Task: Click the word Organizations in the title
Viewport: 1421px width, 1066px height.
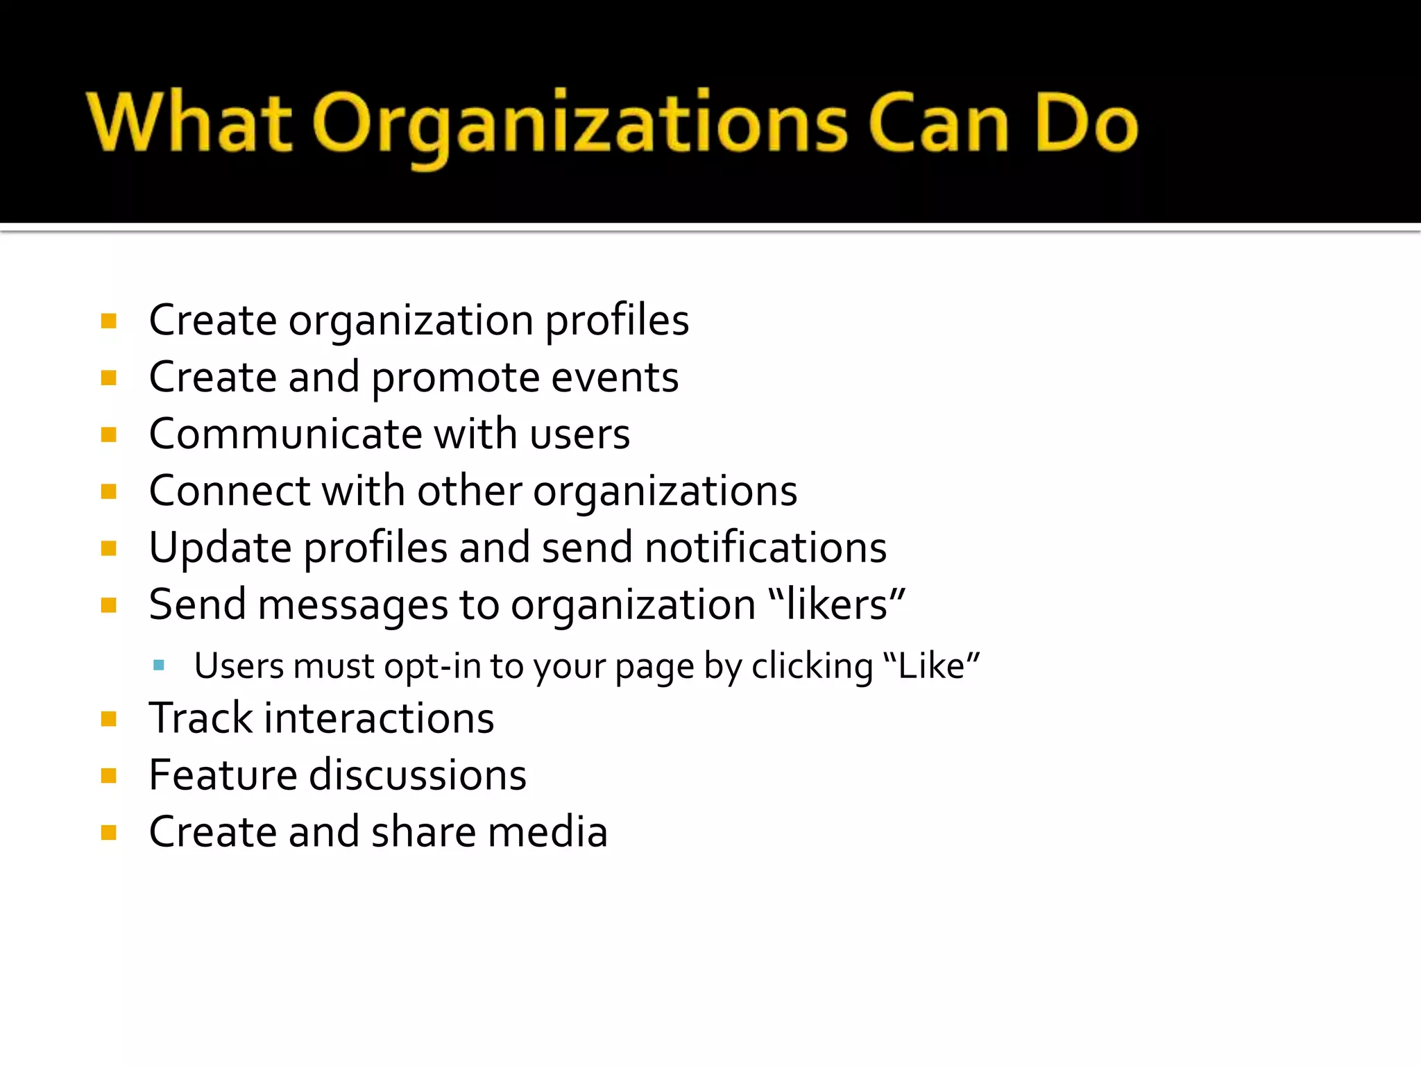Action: (x=579, y=125)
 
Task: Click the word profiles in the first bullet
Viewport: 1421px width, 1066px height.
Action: (x=617, y=321)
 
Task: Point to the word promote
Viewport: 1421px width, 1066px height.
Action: (x=455, y=378)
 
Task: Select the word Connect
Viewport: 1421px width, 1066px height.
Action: (x=229, y=491)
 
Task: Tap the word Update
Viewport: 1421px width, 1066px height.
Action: (x=220, y=548)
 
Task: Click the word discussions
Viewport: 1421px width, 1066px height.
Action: (x=417, y=775)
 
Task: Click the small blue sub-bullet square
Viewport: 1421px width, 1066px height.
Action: (x=159, y=666)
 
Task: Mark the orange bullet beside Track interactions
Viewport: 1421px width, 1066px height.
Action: (x=108, y=718)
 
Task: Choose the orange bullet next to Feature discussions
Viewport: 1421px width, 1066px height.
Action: (x=108, y=775)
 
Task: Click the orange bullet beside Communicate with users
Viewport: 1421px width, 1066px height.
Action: (x=108, y=435)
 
